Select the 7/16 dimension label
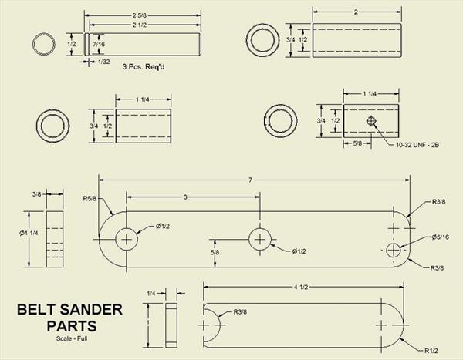(x=100, y=45)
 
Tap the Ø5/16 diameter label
(x=441, y=237)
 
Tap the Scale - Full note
(x=71, y=339)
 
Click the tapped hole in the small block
(x=372, y=121)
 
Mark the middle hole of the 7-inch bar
(x=259, y=240)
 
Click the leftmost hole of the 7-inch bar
(x=127, y=240)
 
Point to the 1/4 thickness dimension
(x=152, y=294)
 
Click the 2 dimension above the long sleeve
(x=354, y=12)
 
